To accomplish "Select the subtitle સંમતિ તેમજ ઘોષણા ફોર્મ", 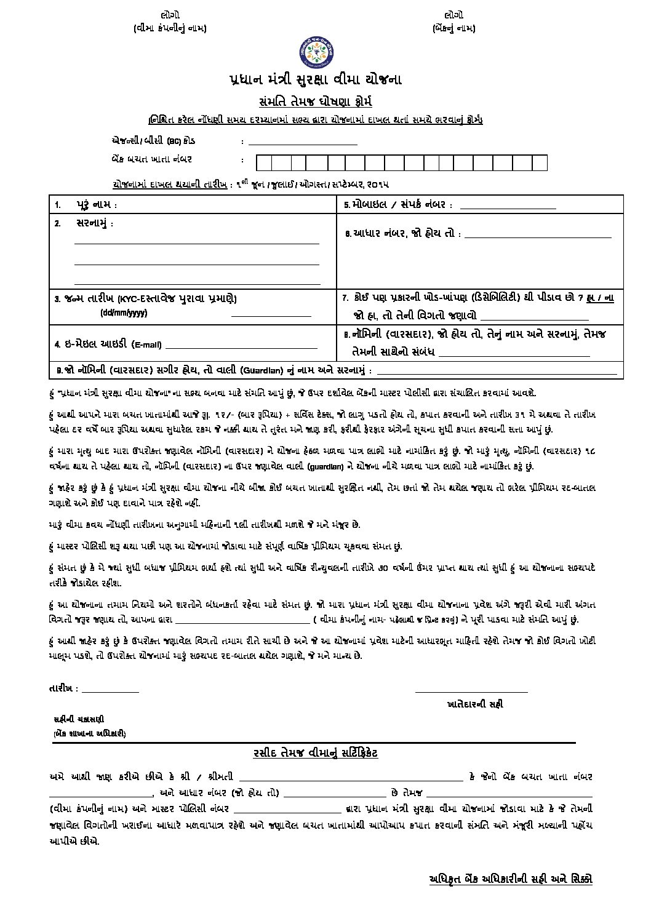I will (x=314, y=102).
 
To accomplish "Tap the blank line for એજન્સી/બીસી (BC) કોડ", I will (x=302, y=143).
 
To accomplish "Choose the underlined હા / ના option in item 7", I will (x=600, y=298).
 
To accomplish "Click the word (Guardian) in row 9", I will (x=263, y=370).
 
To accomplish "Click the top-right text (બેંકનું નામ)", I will (x=453, y=28).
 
